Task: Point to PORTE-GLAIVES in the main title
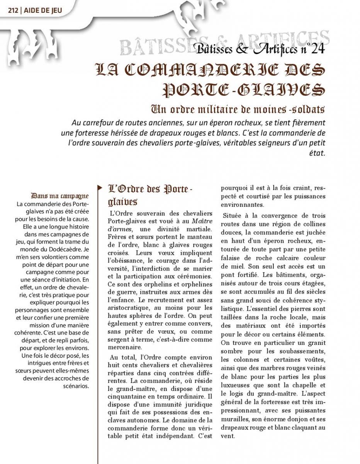click(244, 90)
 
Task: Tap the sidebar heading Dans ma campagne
click(60, 196)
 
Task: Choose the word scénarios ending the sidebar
click(76, 386)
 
